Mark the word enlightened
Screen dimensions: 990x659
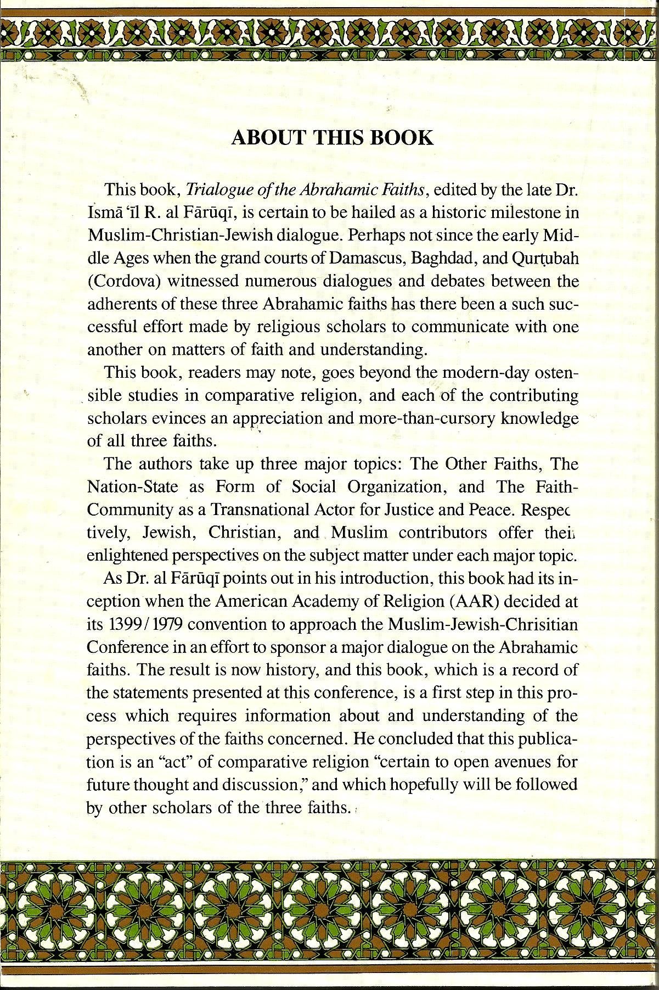(x=127, y=556)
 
